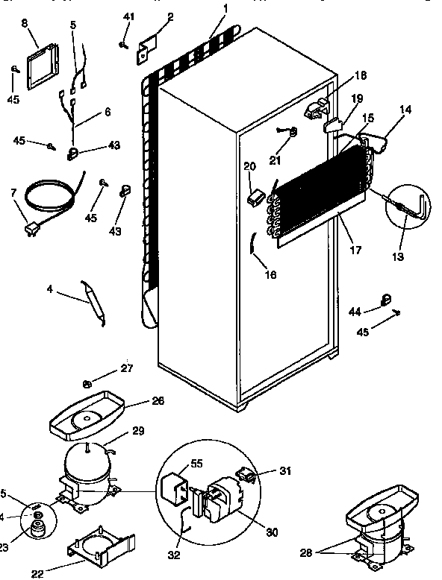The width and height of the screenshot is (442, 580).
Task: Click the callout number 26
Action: coord(157,401)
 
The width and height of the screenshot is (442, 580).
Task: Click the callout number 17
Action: coord(352,250)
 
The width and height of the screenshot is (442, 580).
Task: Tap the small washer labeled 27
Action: coord(87,384)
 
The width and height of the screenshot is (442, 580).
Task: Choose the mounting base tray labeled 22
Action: coord(102,547)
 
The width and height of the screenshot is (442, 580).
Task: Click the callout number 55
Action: coord(196,462)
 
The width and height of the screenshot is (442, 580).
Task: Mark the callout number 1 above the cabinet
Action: coord(225,8)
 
